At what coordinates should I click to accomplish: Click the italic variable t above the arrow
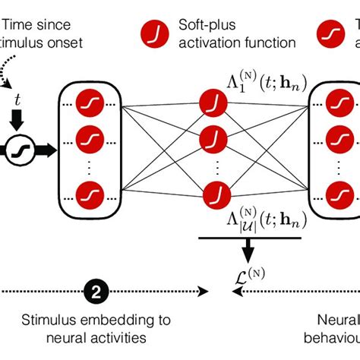(x=19, y=99)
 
